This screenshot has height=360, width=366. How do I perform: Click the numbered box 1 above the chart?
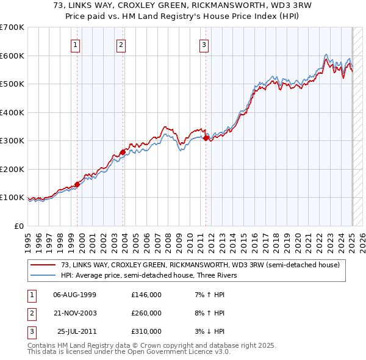(75, 44)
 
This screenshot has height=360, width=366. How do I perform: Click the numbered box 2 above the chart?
(121, 44)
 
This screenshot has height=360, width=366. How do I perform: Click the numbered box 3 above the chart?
(203, 44)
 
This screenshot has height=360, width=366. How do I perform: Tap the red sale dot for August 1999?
(77, 184)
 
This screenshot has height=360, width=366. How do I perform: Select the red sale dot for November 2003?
(123, 152)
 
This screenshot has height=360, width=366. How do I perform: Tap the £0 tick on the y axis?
(20, 226)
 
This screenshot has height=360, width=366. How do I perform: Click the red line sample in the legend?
(43, 265)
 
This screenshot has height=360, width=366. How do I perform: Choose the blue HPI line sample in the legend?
(43, 275)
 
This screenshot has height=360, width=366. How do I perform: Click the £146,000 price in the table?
(146, 295)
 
